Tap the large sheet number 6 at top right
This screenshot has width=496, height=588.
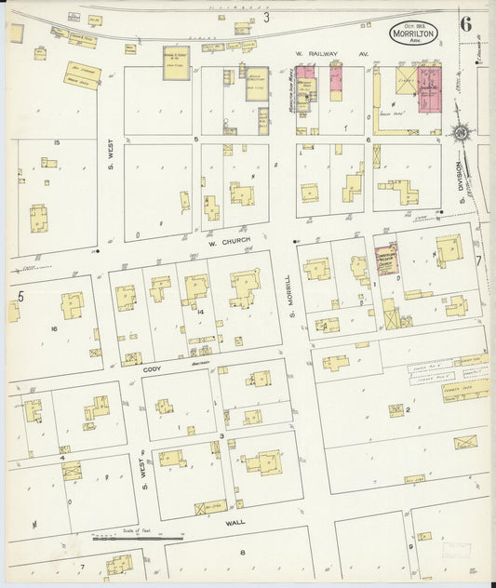click(x=464, y=25)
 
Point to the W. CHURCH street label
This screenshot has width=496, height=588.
click(x=225, y=243)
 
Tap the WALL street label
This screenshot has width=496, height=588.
click(x=235, y=522)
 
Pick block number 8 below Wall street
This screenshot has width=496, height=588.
click(x=241, y=553)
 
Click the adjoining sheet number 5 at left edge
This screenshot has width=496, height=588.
click(x=19, y=296)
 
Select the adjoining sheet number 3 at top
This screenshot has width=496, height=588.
click(x=265, y=17)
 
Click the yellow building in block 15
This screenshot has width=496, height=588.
click(x=39, y=219)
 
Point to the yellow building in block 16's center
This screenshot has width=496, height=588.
click(x=72, y=304)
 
